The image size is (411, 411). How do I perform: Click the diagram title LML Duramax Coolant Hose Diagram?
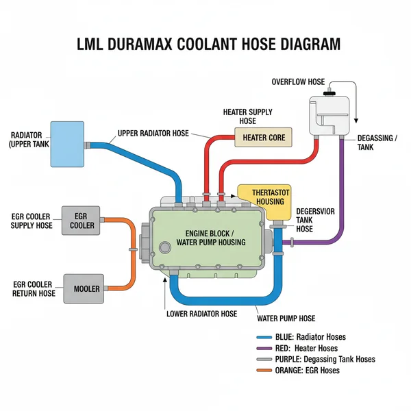pos(206,45)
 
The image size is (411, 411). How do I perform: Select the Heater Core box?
pos(264,138)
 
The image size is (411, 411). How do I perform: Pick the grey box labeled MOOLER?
pos(86,288)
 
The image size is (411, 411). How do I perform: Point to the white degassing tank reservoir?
pos(329,114)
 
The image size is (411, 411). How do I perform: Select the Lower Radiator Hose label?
pos(201,314)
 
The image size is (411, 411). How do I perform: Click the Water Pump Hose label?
pos(286,319)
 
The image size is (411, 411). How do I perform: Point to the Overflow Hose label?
pos(298,82)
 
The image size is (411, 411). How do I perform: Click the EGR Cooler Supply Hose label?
pos(32,220)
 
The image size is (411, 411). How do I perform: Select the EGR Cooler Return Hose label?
pos(34,288)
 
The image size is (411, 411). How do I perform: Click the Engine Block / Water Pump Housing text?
pos(206,237)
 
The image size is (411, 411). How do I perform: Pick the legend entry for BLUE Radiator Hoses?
pos(301,337)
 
